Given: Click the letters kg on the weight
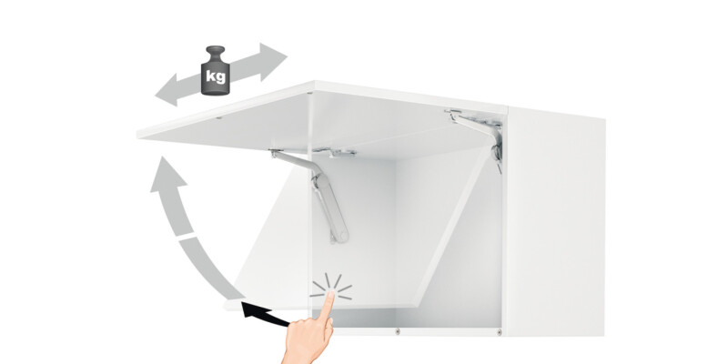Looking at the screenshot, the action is tap(216, 76).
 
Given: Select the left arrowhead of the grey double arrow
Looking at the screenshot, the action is tap(168, 90).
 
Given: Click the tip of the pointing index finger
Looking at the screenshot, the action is tap(330, 294).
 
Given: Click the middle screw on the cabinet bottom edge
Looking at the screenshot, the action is tap(397, 331).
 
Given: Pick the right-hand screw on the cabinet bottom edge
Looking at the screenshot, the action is tap(499, 332).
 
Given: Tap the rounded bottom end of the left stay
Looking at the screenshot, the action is tap(342, 237).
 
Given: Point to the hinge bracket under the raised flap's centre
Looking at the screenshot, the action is tap(335, 152).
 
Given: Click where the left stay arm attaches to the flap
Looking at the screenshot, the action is tap(277, 151).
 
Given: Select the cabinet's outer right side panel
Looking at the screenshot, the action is tap(555, 223).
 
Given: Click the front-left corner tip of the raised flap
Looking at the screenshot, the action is tap(138, 136).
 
